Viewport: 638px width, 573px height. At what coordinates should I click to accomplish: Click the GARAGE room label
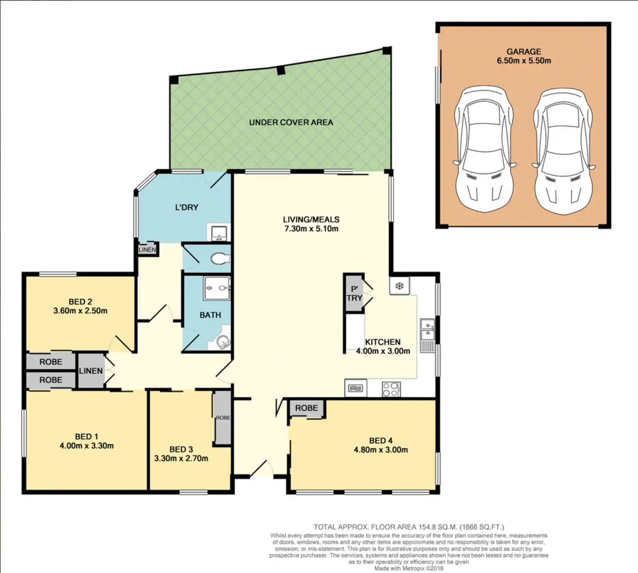(524, 51)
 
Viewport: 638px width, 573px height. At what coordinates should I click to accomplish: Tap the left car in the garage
(484, 150)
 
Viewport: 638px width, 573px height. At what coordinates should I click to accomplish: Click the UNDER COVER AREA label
(291, 122)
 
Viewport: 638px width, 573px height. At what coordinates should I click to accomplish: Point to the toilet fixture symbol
(220, 259)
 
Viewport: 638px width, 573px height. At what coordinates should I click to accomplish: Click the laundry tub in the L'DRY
(218, 233)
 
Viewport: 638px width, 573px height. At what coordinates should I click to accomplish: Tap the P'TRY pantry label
(354, 294)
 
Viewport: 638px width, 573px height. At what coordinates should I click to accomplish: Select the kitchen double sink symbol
(427, 329)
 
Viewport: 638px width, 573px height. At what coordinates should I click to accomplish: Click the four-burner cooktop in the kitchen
(391, 389)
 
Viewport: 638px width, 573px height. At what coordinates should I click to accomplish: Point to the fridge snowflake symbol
(399, 286)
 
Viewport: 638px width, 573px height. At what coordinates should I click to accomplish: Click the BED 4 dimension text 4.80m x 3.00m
(381, 450)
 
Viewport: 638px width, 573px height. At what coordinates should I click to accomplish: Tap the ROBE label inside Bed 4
(306, 408)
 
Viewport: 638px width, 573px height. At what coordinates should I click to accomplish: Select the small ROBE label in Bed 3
(223, 418)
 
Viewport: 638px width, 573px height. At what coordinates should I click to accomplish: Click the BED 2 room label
(80, 301)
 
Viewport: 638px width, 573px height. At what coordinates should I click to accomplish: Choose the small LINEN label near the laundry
(147, 250)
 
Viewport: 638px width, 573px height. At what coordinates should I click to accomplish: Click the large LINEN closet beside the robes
(91, 371)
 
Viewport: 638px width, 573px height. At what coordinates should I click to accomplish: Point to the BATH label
(210, 315)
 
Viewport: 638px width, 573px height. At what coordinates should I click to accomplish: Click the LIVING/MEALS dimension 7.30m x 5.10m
(311, 229)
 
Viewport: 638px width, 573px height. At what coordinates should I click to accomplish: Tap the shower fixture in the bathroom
(217, 288)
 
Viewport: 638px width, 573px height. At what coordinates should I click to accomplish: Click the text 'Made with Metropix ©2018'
(409, 568)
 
